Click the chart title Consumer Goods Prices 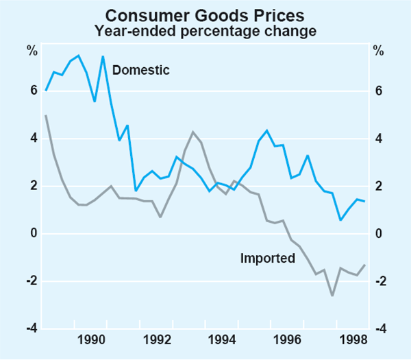tap(206, 14)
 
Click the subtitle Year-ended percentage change tap(206, 30)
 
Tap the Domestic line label tap(140, 70)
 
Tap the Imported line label tap(267, 259)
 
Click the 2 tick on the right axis tap(378, 187)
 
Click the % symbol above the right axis tap(378, 49)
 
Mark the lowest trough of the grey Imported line tap(332, 296)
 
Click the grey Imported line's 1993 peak tap(193, 132)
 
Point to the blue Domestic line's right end tap(365, 201)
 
